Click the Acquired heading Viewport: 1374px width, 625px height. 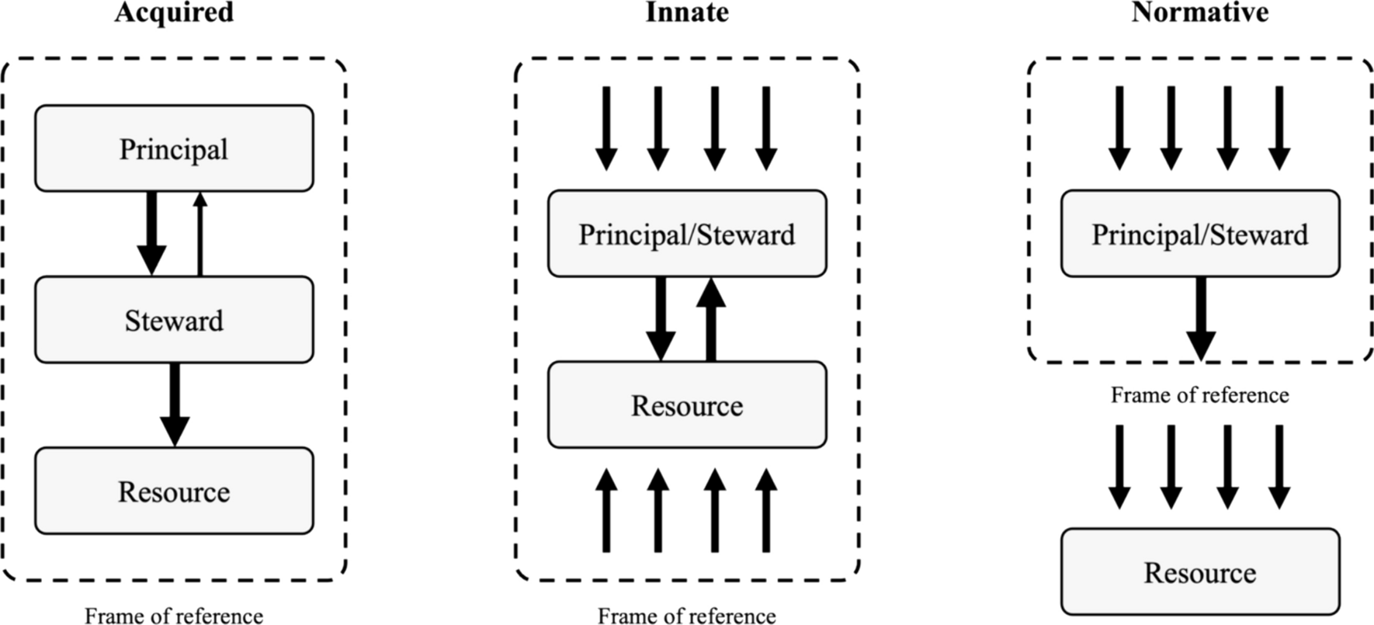pos(174,12)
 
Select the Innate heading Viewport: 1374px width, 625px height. pos(687,12)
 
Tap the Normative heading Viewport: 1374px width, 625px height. pos(1199,12)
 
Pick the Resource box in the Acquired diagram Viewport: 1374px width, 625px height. pos(174,491)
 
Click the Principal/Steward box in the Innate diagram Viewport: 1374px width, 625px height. pos(687,234)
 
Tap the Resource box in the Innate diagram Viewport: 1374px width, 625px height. pos(687,405)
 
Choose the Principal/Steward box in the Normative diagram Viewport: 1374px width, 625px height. pos(1200,234)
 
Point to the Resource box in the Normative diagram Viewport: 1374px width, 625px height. pos(1200,572)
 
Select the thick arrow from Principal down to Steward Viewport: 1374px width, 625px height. pos(151,232)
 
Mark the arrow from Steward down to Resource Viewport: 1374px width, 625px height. pos(175,404)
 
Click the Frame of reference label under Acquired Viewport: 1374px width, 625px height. pos(174,616)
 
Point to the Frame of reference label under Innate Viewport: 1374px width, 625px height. pos(687,616)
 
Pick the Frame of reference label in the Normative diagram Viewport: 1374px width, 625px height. pos(1199,395)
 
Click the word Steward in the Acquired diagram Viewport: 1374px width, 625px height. pos(174,320)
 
